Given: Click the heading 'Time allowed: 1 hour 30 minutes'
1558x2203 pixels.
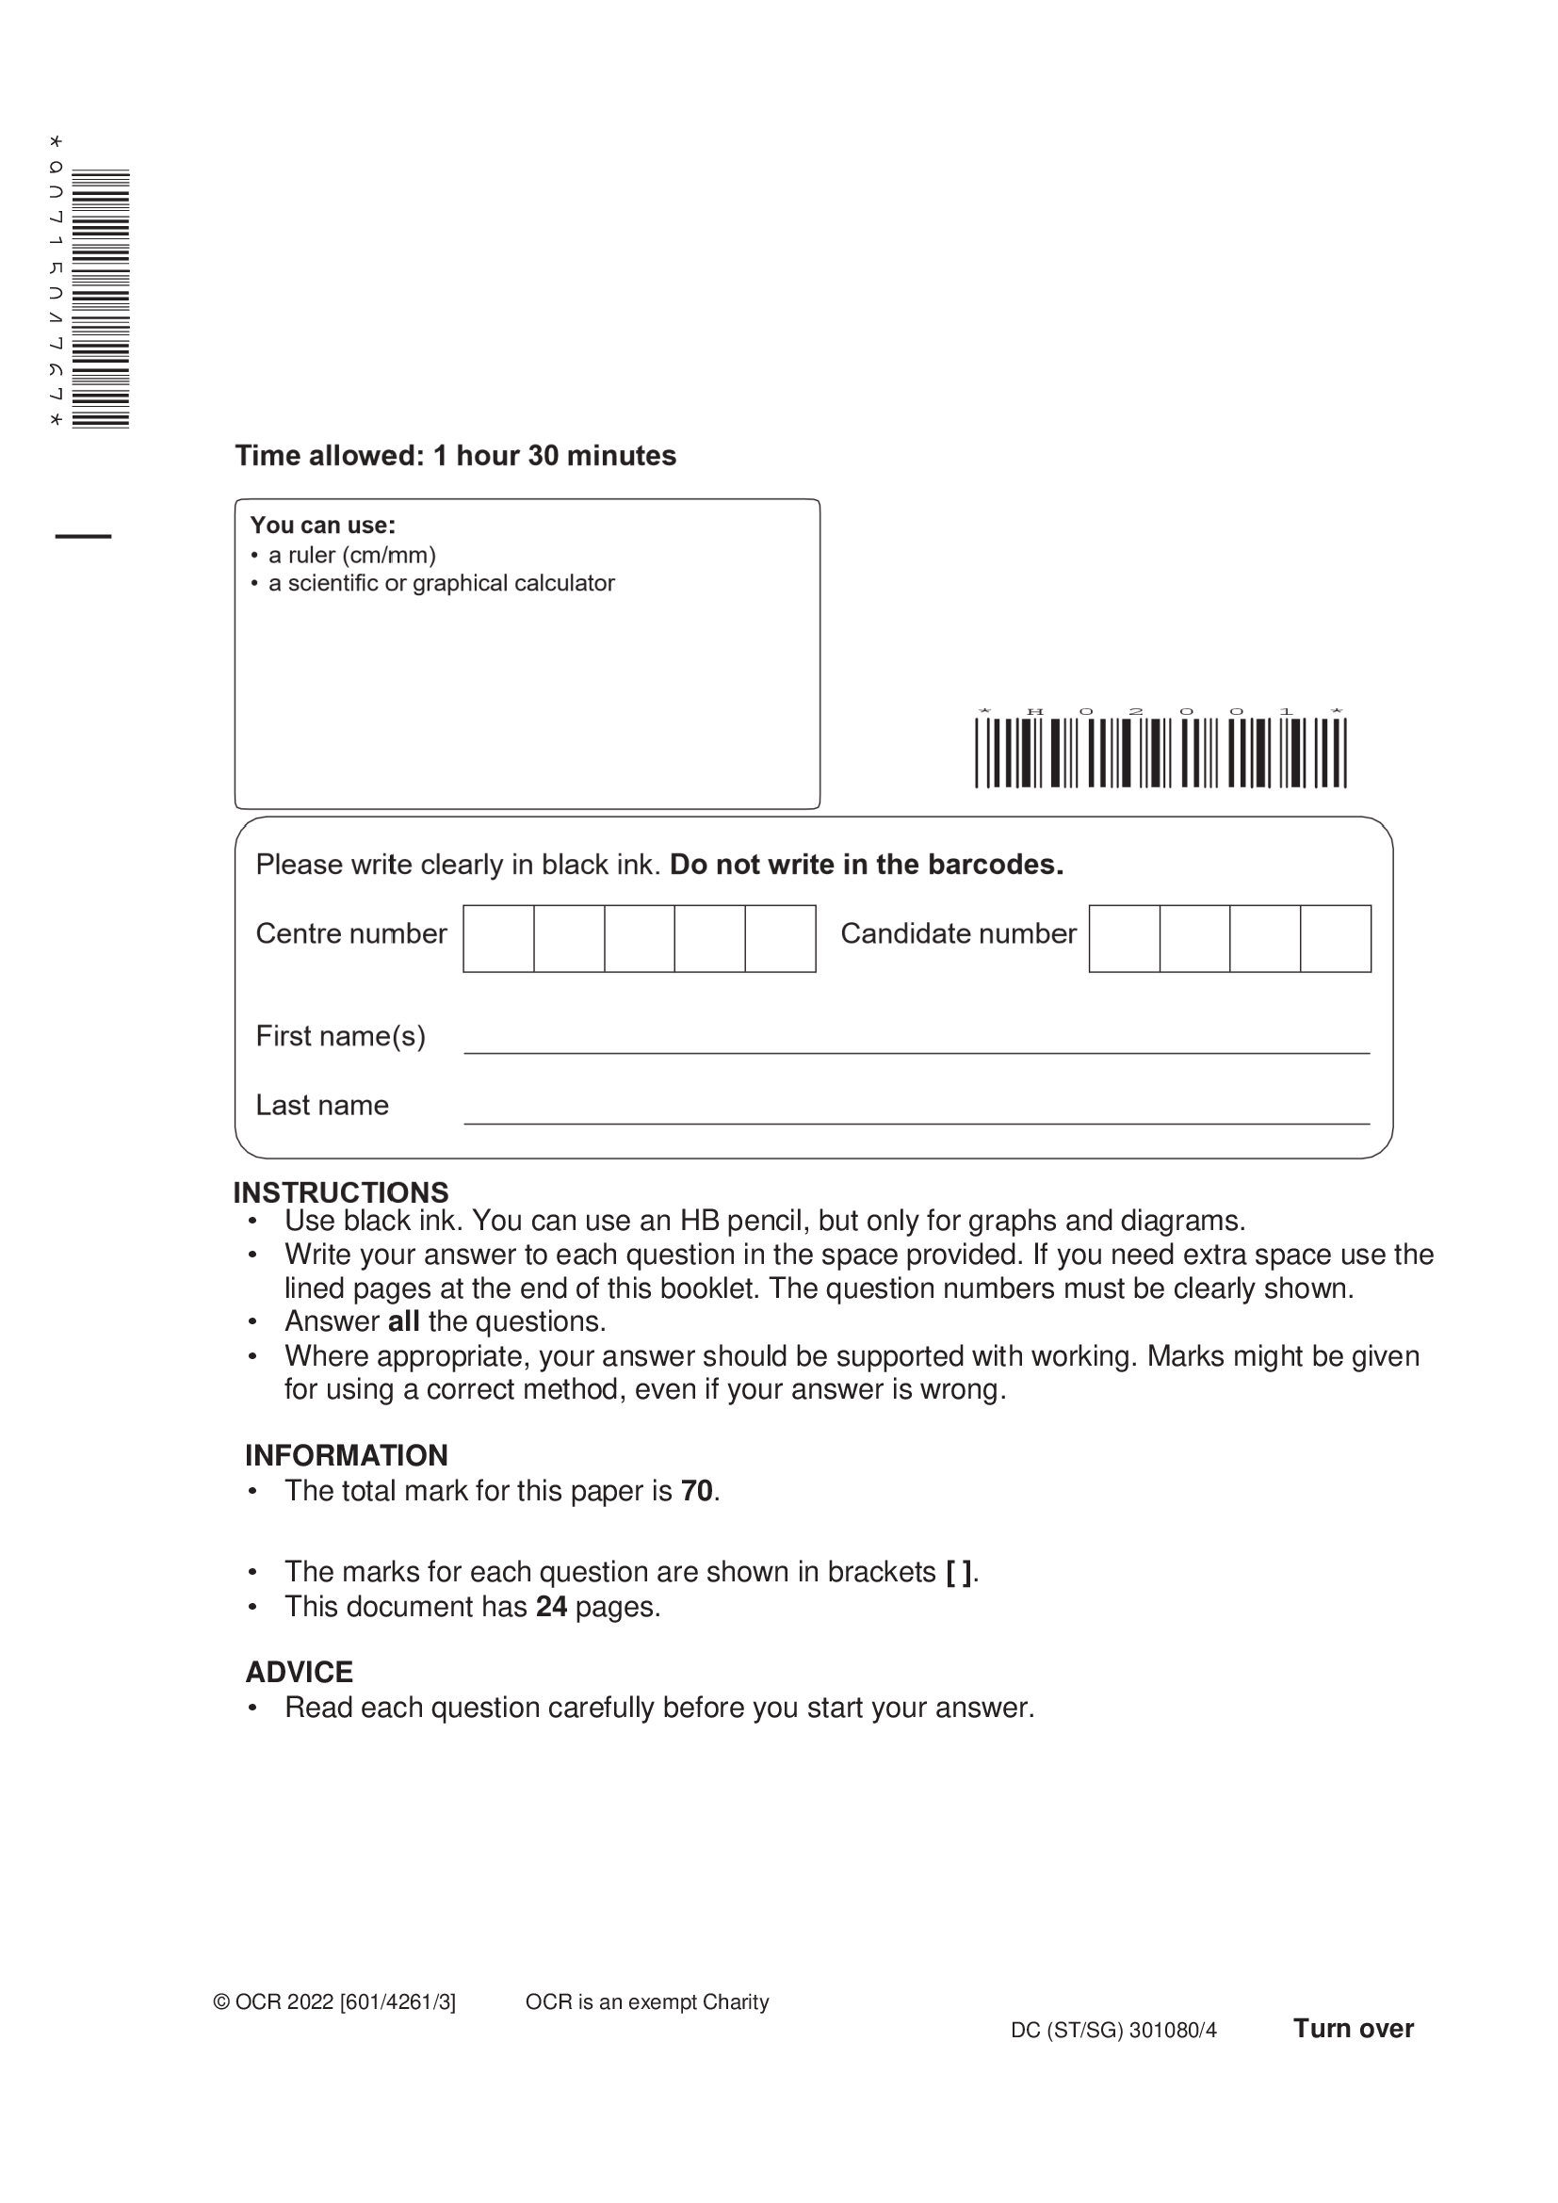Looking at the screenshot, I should [x=456, y=456].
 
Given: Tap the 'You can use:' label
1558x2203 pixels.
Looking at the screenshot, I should [x=322, y=526].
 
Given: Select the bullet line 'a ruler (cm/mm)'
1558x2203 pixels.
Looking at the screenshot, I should [x=351, y=556].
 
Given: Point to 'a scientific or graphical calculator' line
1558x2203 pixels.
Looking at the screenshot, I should [x=441, y=583].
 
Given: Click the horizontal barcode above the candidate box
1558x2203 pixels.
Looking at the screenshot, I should [x=1160, y=753].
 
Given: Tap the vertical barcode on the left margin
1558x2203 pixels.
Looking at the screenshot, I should [x=100, y=299].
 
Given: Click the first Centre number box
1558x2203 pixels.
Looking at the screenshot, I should [x=499, y=938].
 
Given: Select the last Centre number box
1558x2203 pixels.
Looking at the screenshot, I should [x=780, y=938].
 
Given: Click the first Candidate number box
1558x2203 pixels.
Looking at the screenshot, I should [x=1125, y=938].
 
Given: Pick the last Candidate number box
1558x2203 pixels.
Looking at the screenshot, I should [x=1336, y=938].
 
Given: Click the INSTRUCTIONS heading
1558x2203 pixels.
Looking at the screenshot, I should [x=341, y=1192].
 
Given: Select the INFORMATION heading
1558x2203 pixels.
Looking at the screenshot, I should [x=347, y=1455].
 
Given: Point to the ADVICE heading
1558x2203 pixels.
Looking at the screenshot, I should [x=300, y=1673].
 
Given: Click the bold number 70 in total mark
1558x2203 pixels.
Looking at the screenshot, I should [x=696, y=1491].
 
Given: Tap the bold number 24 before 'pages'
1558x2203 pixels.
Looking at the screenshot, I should [x=552, y=1607].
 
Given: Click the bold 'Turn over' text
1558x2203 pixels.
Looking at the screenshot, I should [x=1353, y=2029].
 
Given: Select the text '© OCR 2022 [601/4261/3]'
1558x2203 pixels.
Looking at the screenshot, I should [x=334, y=2002].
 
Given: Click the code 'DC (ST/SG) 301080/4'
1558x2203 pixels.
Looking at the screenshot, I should [x=1113, y=2031].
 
